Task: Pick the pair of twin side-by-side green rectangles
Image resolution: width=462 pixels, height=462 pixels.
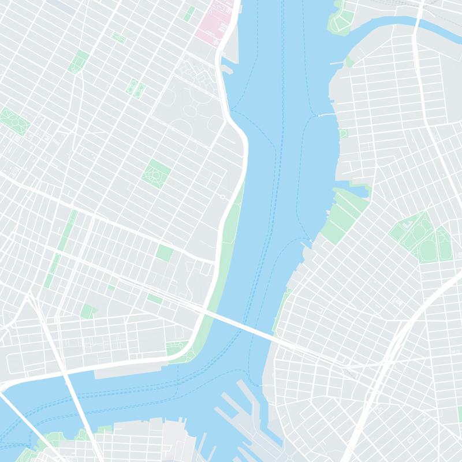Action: [x=136, y=87]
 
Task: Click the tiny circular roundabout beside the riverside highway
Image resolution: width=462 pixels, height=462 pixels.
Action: [x=223, y=196]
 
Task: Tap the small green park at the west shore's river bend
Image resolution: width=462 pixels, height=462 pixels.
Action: [x=176, y=349]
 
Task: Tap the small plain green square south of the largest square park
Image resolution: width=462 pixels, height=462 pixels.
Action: [x=165, y=253]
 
